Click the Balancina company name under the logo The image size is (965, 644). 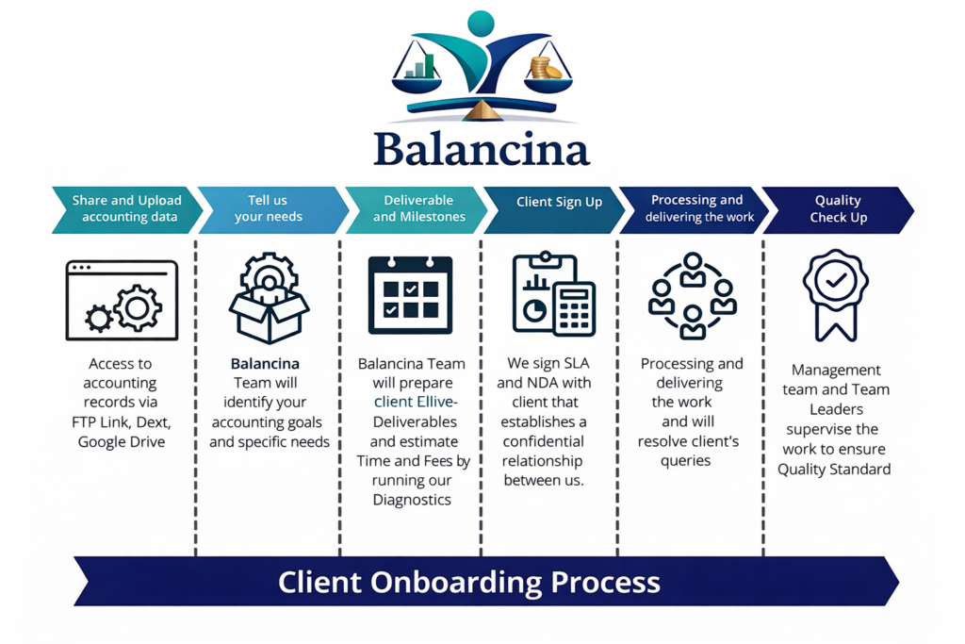tap(482, 149)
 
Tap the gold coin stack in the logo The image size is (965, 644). tap(544, 68)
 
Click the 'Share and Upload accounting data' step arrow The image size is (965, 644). tap(126, 208)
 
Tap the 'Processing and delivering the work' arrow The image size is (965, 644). tap(695, 208)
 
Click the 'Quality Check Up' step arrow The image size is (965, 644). tap(837, 208)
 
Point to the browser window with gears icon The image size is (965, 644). tap(122, 300)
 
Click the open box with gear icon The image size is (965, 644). tap(270, 298)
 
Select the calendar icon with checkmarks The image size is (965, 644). tap(410, 295)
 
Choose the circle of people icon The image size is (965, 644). tap(693, 295)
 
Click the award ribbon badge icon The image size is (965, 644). tap(835, 292)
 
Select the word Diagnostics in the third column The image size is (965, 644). tap(412, 500)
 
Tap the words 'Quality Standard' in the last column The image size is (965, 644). tap(834, 469)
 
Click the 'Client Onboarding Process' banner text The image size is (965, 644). tap(468, 581)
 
